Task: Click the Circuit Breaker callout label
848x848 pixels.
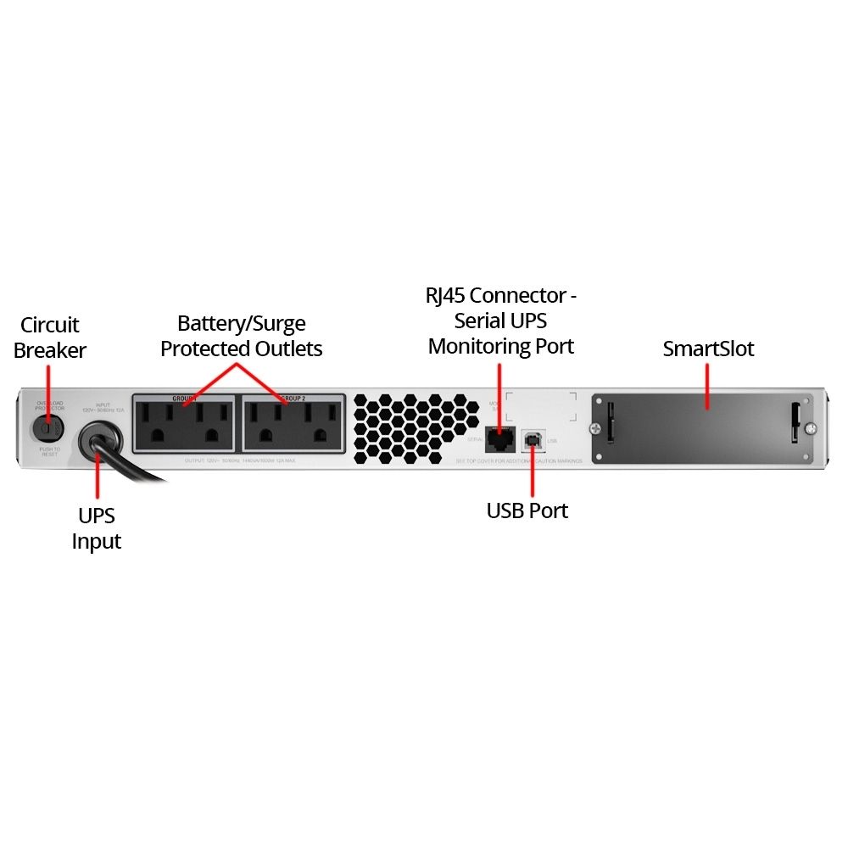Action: [x=50, y=338]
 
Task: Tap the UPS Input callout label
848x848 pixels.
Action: [x=97, y=528]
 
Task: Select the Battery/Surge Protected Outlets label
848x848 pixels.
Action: [x=242, y=336]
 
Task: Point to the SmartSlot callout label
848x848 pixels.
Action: [x=708, y=349]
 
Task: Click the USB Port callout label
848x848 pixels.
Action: [x=527, y=510]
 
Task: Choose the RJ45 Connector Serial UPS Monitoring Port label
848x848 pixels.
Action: [x=501, y=321]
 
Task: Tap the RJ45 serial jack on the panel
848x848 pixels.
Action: [x=500, y=438]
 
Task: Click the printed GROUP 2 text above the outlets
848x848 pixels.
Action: [x=293, y=397]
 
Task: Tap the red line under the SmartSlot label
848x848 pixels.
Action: [x=708, y=385]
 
